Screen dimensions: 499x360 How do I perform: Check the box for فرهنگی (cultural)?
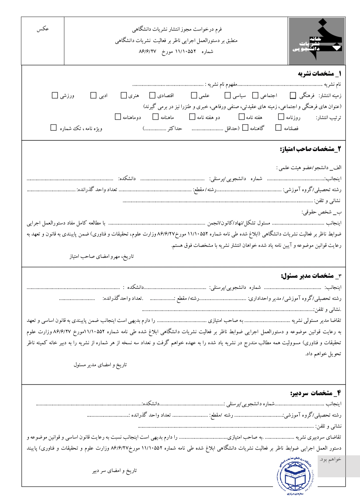coord(293,96)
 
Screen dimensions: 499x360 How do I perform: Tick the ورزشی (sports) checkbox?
coord(55,96)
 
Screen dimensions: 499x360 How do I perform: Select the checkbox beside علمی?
coord(194,96)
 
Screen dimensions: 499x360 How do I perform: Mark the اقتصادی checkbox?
coord(152,96)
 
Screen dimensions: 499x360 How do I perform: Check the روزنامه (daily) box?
coord(281,117)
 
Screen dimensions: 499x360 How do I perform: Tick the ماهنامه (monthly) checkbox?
coord(155,117)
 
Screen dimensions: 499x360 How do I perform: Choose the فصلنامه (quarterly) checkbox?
coord(278,128)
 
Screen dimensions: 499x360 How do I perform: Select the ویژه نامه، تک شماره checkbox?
coord(53,128)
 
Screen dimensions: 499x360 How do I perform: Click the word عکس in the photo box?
coord(43,29)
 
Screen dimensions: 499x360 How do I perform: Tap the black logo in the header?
coord(317,41)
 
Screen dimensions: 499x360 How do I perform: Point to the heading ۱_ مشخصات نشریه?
coord(319,74)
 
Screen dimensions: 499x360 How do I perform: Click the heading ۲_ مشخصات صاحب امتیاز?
coord(310,149)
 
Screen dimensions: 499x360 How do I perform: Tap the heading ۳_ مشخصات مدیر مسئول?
coord(311,276)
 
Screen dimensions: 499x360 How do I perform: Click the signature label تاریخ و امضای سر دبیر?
coord(114,471)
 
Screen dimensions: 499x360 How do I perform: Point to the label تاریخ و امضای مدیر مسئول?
coord(100,365)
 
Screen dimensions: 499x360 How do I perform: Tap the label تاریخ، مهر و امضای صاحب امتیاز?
coord(101,257)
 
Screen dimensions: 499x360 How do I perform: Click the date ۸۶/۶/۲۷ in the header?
coord(147,52)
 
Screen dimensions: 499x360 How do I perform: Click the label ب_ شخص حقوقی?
coord(321,212)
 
